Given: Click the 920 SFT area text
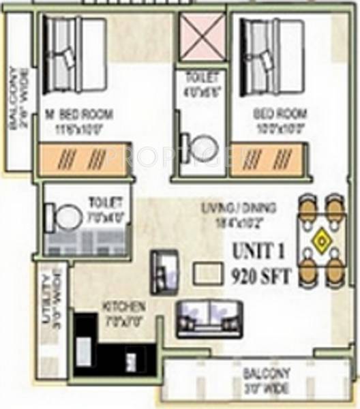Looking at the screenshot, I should pyautogui.click(x=262, y=277).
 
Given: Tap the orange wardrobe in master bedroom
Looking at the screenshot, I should pyautogui.click(x=84, y=161).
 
